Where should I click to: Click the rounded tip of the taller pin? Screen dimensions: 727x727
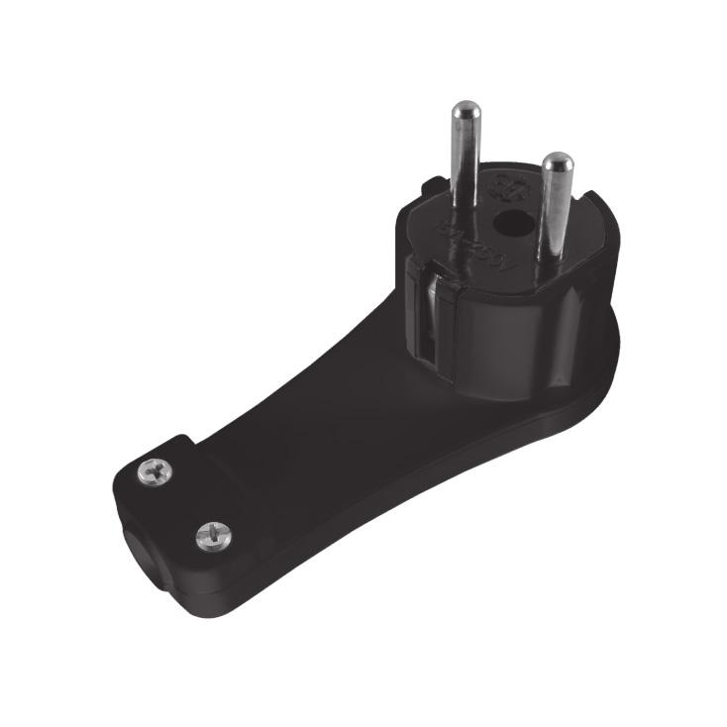click(x=463, y=111)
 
